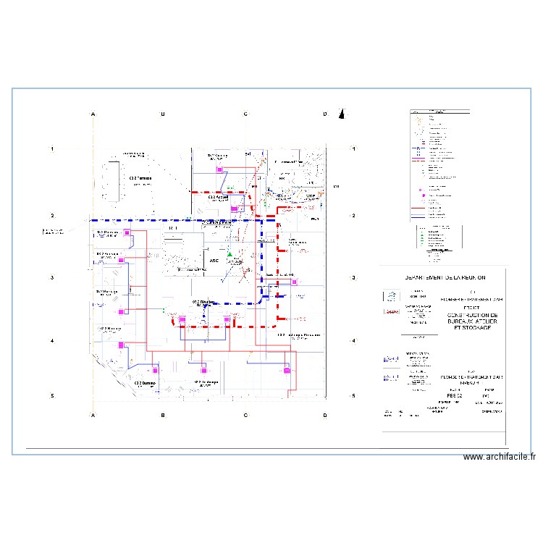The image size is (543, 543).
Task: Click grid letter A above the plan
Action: coord(93,114)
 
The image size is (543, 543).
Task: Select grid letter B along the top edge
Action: coord(163,114)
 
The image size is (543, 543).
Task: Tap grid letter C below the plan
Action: coord(245,415)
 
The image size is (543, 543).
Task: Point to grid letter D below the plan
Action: coord(325,415)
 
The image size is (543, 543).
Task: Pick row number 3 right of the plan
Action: coord(353,278)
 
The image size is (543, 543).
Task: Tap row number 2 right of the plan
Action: coord(353,216)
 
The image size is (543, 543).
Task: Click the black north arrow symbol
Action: coord(343,113)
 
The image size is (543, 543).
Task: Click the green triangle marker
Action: coord(230,255)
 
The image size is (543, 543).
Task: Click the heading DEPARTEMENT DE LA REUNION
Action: coord(445,278)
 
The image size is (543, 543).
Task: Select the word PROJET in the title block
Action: coord(473,306)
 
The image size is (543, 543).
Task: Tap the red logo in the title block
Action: coord(392,311)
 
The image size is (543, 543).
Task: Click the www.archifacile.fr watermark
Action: coord(500,457)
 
